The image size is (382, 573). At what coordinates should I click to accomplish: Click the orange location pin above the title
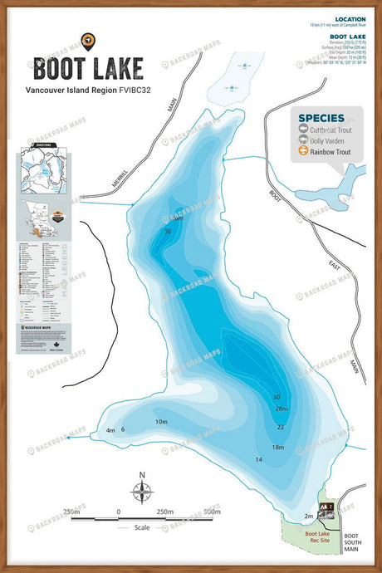click(87, 39)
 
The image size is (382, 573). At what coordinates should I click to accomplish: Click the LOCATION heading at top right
click(349, 18)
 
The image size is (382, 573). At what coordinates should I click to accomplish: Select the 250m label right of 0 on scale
click(164, 512)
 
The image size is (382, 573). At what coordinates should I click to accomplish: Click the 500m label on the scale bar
click(211, 512)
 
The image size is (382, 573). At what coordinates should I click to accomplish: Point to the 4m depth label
click(110, 430)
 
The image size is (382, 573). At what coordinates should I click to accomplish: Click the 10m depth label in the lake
click(161, 422)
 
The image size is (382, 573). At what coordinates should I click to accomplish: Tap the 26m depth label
click(281, 409)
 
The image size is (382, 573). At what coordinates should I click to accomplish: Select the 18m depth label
click(278, 447)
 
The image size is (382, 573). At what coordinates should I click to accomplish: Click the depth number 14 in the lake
click(258, 459)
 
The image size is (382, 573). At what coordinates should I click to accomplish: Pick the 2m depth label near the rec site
click(309, 516)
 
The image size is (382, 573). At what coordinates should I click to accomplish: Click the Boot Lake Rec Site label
click(318, 537)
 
